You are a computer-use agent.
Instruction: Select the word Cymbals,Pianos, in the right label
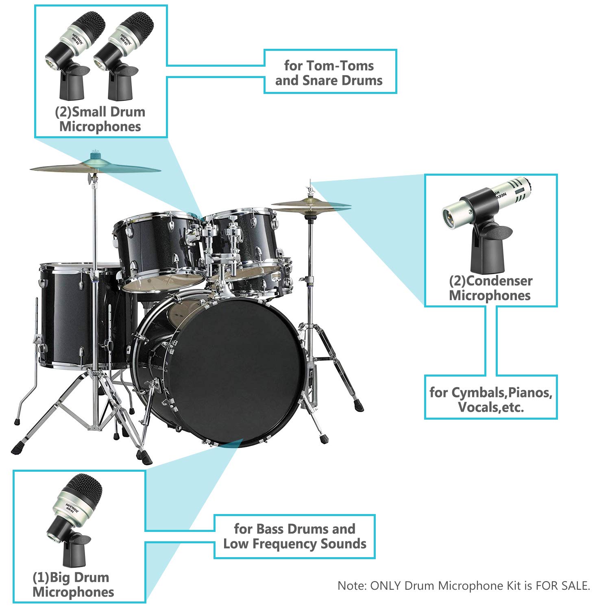click(x=491, y=392)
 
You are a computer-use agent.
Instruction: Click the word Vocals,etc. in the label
click(x=491, y=407)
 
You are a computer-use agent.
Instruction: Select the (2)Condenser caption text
click(x=491, y=281)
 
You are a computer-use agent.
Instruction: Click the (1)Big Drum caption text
click(x=71, y=577)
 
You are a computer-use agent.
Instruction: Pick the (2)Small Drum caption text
click(x=100, y=112)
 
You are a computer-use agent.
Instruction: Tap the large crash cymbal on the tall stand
click(x=96, y=167)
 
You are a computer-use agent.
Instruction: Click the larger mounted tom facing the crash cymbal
click(x=159, y=248)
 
